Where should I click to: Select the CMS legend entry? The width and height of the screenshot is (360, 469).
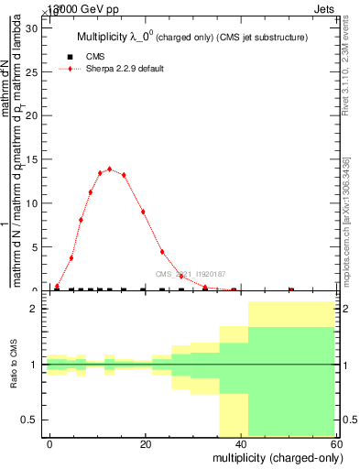(x=93, y=57)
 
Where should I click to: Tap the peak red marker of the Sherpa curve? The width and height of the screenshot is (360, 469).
(x=110, y=169)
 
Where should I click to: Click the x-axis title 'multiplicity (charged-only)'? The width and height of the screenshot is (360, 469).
(x=273, y=457)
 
